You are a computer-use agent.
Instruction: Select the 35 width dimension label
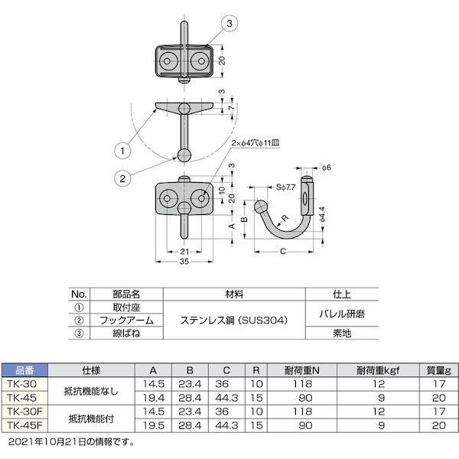[x=184, y=261]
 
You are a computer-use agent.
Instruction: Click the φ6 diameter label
[x=325, y=168]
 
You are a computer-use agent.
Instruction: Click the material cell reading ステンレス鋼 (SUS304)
[x=234, y=321]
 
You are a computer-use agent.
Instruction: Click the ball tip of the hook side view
[x=262, y=207]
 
